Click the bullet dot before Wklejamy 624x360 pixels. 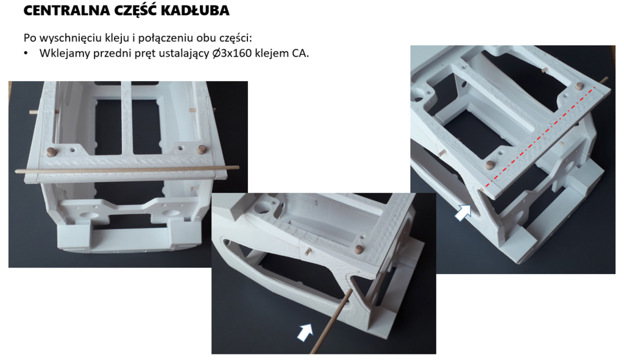point(26,54)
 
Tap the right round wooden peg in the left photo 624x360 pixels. point(200,149)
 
